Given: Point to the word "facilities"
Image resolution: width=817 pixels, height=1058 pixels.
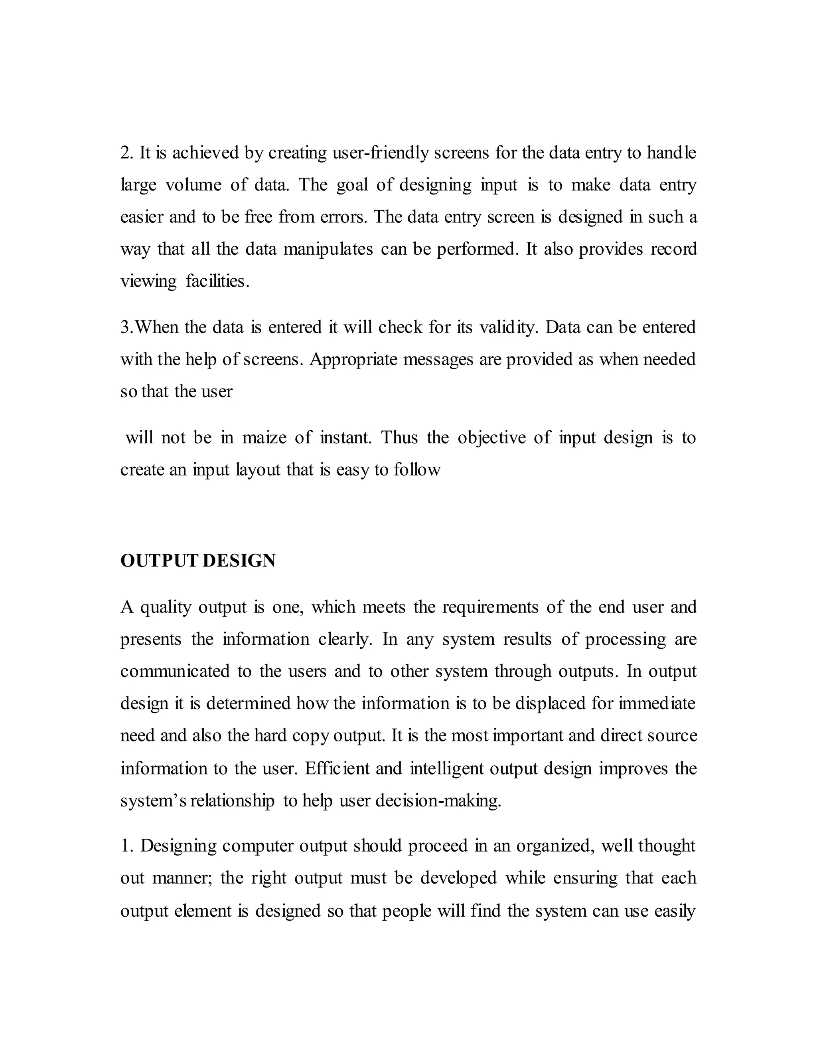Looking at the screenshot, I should [217, 281].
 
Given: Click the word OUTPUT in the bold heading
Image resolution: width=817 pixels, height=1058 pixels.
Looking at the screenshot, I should [159, 561].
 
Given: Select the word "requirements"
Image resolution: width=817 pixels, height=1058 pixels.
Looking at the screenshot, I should [490, 607].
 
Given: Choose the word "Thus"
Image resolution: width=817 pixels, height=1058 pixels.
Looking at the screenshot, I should [399, 438].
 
